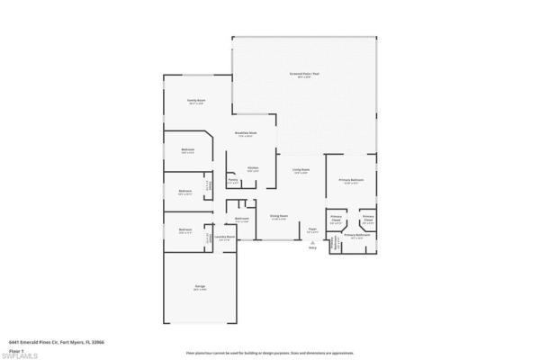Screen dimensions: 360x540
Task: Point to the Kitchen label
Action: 253,168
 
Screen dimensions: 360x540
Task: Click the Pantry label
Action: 232,181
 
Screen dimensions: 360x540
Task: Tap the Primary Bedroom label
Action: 350,181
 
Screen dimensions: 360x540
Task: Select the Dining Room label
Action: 278,216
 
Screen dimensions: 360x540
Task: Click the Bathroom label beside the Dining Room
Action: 242,219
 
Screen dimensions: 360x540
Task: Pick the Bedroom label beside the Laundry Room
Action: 184,229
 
